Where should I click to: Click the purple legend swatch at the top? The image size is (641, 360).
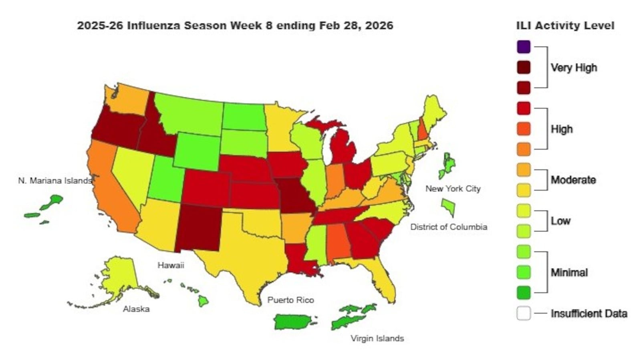pyautogui.click(x=524, y=47)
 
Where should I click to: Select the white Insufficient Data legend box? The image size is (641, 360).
pyautogui.click(x=524, y=313)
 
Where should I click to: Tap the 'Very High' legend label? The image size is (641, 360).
pyautogui.click(x=574, y=68)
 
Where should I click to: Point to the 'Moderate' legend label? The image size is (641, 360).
pyautogui.click(x=573, y=180)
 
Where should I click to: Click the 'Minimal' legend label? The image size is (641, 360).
pyautogui.click(x=569, y=273)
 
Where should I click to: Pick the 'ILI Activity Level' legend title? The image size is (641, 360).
pyautogui.click(x=565, y=26)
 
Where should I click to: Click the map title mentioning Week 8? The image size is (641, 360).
pyautogui.click(x=235, y=26)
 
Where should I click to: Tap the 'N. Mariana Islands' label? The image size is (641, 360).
pyautogui.click(x=55, y=181)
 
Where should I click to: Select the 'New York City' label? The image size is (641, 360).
pyautogui.click(x=453, y=189)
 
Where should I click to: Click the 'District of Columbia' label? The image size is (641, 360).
pyautogui.click(x=449, y=227)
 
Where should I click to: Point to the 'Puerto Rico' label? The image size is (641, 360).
pyautogui.click(x=290, y=300)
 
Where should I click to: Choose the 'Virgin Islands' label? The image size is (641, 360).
pyautogui.click(x=377, y=338)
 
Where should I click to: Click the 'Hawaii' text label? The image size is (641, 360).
pyautogui.click(x=171, y=265)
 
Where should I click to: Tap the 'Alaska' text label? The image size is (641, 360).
pyautogui.click(x=136, y=309)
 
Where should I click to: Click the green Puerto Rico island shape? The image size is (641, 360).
pyautogui.click(x=292, y=322)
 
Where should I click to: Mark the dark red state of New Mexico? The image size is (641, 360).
pyautogui.click(x=198, y=228)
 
